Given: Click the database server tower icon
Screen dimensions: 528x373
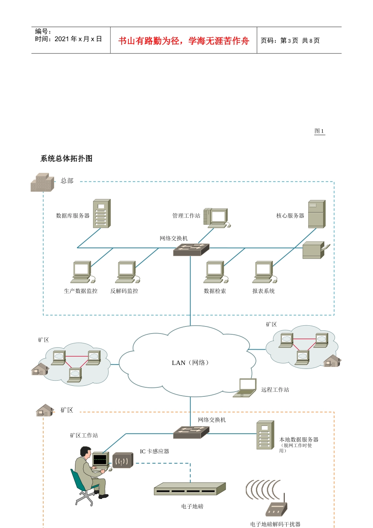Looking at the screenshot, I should (102, 213).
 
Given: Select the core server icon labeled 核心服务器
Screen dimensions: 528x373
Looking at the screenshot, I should (316, 214).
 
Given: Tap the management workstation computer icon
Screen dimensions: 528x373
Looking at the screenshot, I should (216, 218).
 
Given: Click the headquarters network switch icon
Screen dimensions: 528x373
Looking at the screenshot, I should (191, 249).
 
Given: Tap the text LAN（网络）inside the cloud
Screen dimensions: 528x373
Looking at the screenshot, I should (191, 363).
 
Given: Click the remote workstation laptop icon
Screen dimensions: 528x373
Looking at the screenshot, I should (245, 388).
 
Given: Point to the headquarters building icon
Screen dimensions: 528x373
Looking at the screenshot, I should (42, 183).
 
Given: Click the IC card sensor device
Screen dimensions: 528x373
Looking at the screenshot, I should (123, 460).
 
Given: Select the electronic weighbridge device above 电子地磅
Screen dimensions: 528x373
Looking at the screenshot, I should (190, 489).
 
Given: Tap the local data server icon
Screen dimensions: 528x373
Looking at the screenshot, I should (265, 435).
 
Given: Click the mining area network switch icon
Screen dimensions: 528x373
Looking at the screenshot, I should (191, 433).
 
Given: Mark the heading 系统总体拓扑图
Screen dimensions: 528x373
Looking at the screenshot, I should (66, 159).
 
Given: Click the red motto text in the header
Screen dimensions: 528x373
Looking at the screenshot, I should (184, 41).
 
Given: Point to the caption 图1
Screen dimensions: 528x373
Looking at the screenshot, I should (319, 131).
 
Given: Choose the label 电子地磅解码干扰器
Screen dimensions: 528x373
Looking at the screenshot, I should (275, 524).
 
